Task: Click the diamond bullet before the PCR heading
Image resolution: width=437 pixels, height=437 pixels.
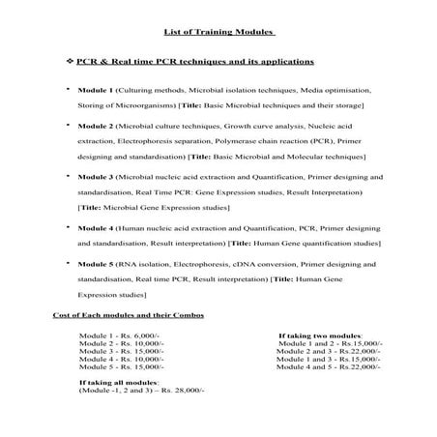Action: click(69, 62)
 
